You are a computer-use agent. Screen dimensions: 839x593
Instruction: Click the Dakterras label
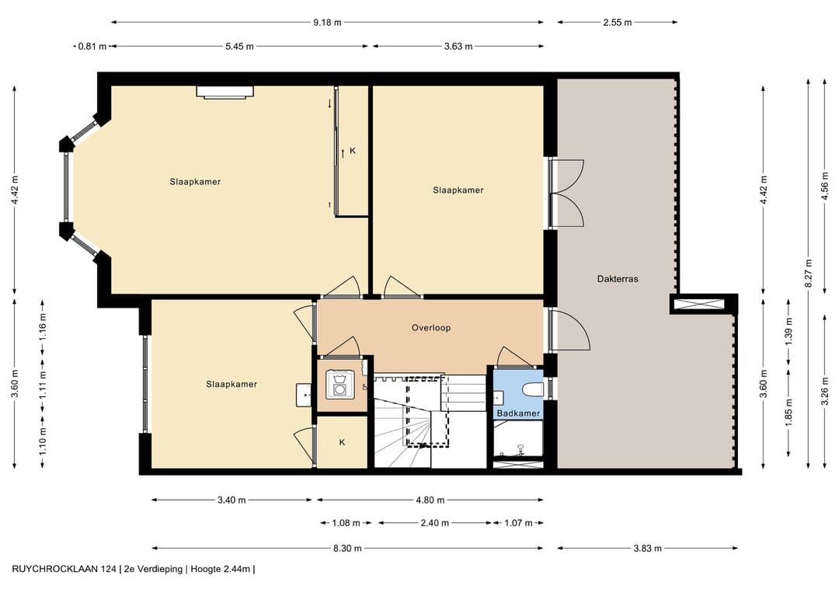click(x=618, y=279)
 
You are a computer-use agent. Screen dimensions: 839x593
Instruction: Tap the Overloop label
click(x=431, y=327)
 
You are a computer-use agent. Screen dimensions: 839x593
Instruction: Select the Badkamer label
click(x=518, y=413)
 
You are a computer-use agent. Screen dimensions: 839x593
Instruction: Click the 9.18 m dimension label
click(x=327, y=23)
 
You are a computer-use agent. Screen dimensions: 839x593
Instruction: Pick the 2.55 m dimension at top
click(x=618, y=23)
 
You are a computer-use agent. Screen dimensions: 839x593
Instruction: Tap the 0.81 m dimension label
click(x=92, y=47)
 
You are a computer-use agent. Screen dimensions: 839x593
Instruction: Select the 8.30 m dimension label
click(x=347, y=548)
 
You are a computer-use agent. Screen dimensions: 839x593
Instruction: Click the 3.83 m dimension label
click(x=647, y=548)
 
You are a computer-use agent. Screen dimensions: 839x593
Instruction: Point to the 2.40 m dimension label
click(x=434, y=523)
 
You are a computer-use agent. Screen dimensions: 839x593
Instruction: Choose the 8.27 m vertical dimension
click(x=809, y=273)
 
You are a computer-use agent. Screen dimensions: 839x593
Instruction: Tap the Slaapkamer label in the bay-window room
click(x=195, y=182)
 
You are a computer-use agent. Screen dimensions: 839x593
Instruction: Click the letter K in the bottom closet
click(x=342, y=442)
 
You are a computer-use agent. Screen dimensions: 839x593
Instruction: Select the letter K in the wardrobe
click(x=353, y=151)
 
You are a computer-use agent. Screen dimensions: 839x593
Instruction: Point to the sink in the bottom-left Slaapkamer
click(x=304, y=396)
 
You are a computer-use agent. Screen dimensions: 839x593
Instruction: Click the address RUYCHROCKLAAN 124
click(x=64, y=570)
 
